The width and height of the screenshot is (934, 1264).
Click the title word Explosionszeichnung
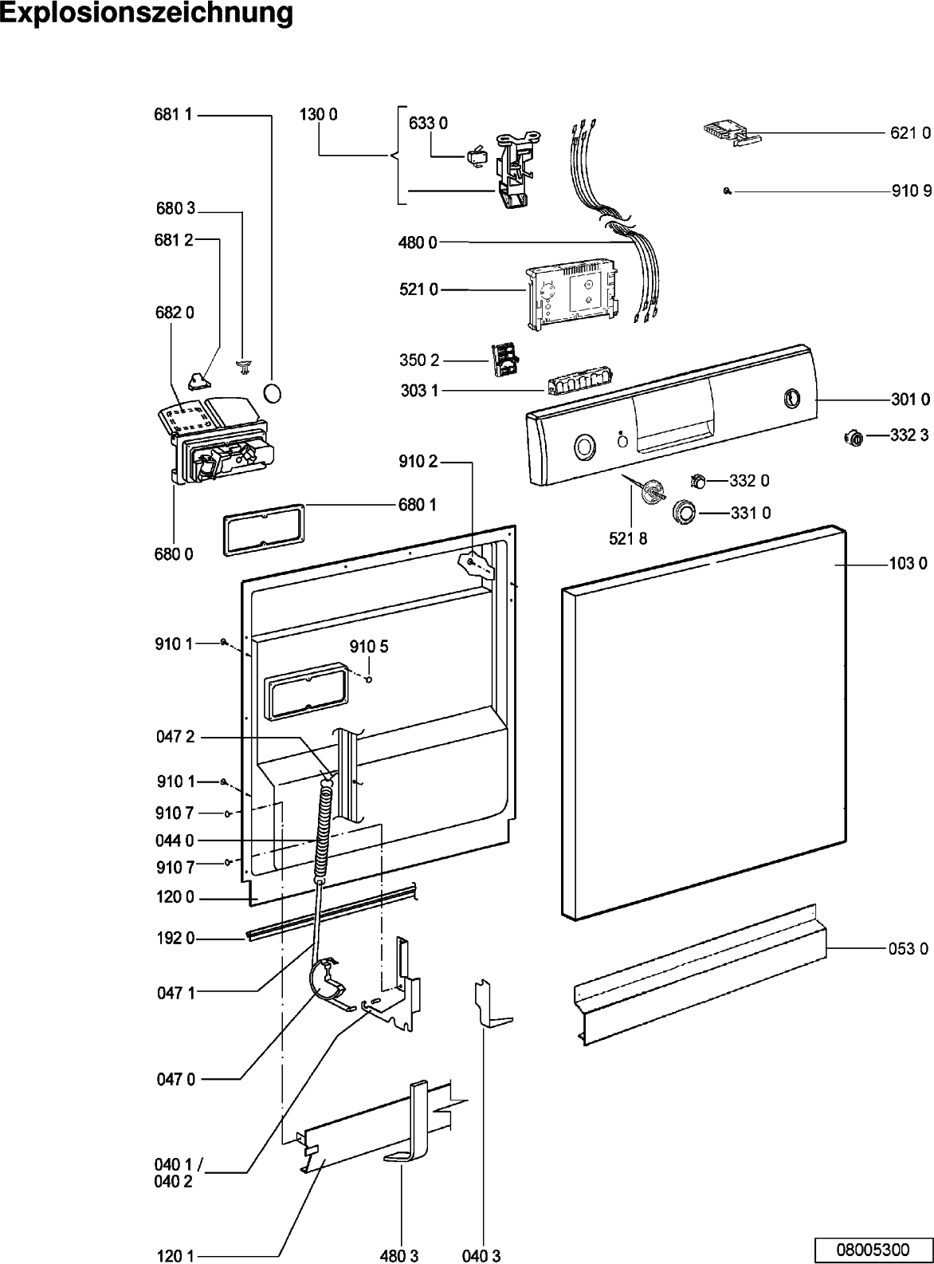pos(147,14)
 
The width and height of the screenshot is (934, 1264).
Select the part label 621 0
pos(910,133)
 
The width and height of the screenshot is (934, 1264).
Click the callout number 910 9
pos(911,191)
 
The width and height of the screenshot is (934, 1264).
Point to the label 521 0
pos(418,289)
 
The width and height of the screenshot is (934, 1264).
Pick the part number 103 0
pos(908,564)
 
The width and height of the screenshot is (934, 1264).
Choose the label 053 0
pos(908,949)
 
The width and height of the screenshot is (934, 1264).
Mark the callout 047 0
pos(176,1079)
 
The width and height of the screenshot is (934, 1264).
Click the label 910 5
pos(369,646)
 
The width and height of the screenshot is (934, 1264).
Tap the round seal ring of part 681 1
pos(273,394)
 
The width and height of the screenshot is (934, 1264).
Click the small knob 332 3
pos(854,438)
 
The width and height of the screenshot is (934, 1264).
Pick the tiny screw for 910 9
pos(727,191)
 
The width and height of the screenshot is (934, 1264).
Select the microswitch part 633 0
pos(476,156)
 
